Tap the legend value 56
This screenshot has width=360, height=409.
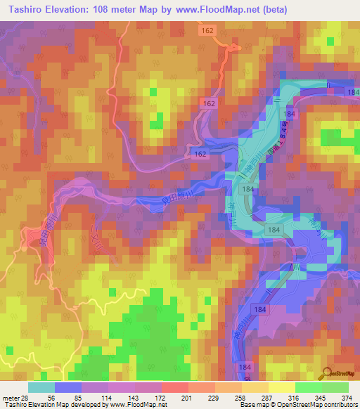tap(46, 398)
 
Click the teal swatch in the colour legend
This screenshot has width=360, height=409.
tap(41, 387)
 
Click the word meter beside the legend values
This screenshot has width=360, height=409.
tap(10, 398)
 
